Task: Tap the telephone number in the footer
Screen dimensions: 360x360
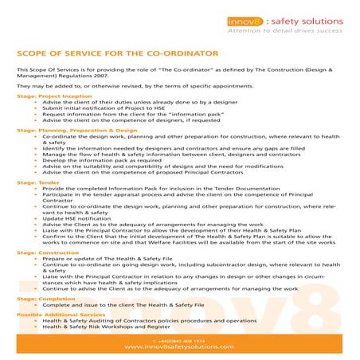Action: coord(179,340)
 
